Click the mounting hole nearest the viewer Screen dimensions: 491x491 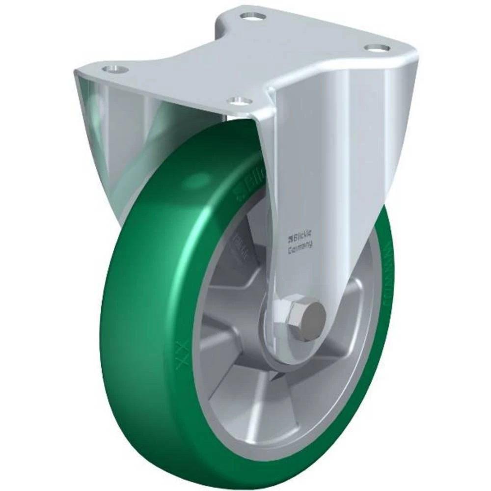240,101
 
